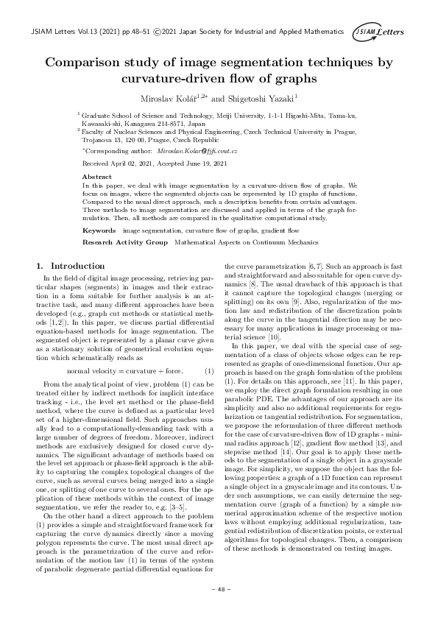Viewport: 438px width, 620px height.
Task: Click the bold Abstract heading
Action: click(96, 177)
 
